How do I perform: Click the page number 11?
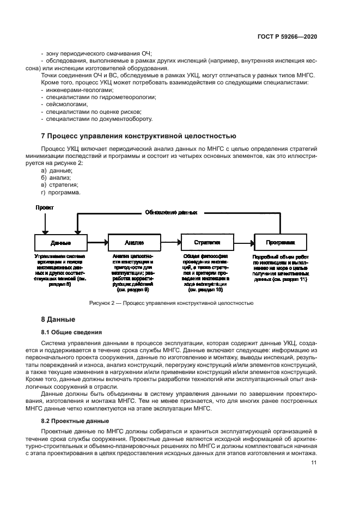pos(314,463)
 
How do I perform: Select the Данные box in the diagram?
pos(60,242)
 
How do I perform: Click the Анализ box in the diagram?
pos(133,242)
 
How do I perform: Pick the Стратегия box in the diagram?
pos(207,242)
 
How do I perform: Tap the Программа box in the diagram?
pos(280,242)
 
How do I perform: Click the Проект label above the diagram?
pos(45,207)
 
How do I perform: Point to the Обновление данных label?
pos(170,213)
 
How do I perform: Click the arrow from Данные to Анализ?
pos(97,242)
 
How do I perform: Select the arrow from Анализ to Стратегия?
pos(170,242)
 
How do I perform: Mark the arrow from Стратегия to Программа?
pos(243,242)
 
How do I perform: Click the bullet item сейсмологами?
pos(64,103)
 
